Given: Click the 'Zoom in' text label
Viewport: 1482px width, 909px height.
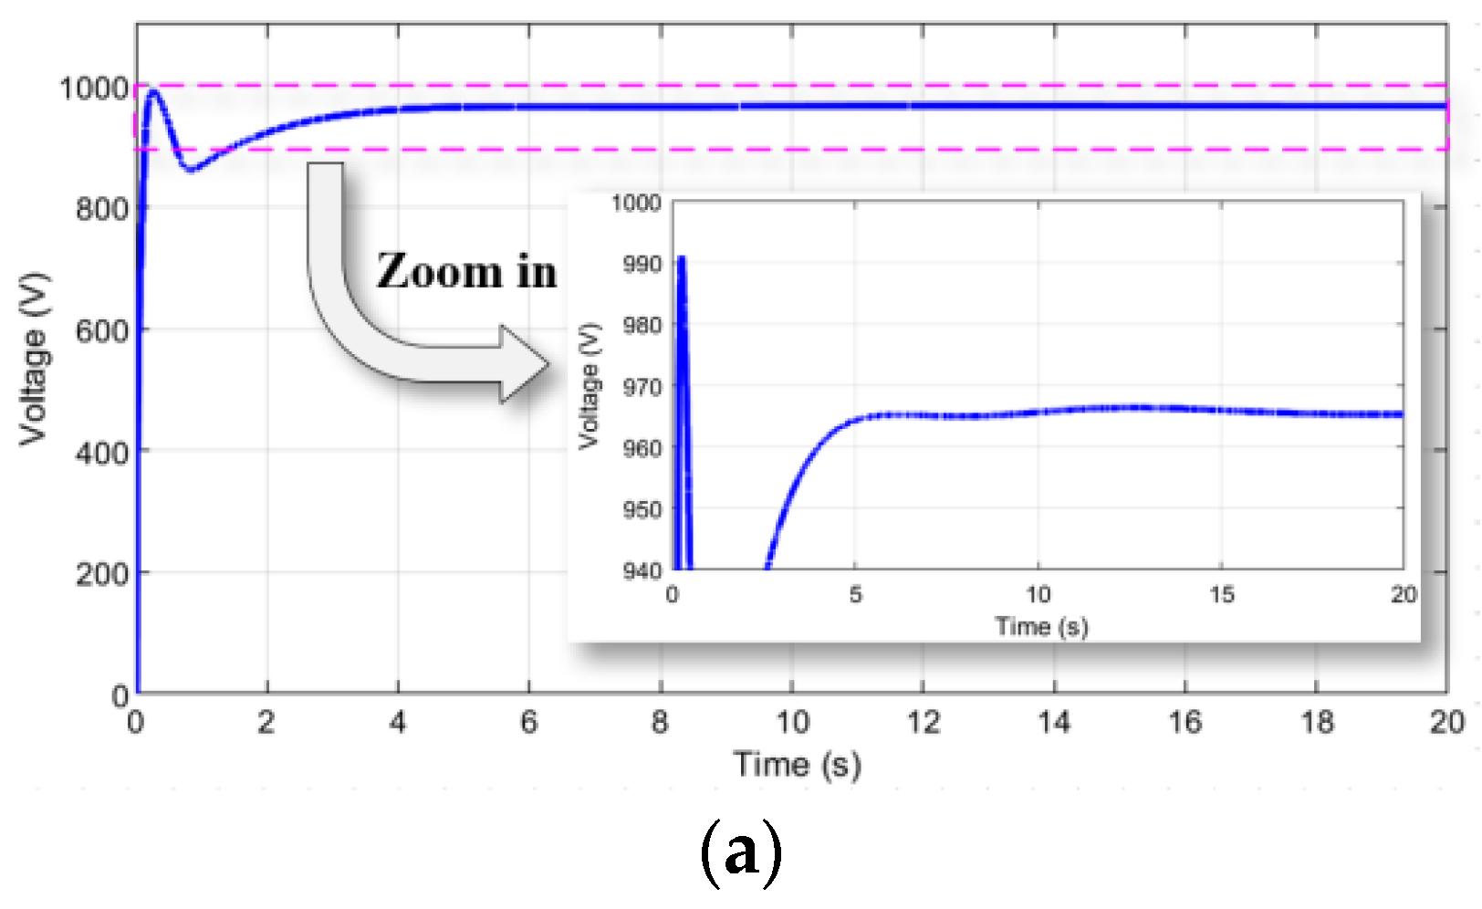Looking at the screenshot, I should (466, 272).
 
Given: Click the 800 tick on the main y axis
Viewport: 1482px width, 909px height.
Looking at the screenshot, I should (102, 209).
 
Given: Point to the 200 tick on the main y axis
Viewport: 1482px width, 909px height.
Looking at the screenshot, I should (102, 574).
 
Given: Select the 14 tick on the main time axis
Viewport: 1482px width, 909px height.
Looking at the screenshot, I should (1054, 723).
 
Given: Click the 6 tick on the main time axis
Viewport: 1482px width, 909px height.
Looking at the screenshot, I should (529, 723).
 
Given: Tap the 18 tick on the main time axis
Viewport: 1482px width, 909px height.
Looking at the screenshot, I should (1317, 723).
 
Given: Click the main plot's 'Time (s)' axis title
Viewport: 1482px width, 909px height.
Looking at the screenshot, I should (797, 764).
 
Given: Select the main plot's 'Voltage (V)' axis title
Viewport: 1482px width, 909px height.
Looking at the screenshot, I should (34, 359).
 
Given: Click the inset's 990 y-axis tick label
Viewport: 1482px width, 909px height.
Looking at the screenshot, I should (642, 264).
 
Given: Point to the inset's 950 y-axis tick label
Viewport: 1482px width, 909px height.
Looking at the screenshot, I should (642, 509).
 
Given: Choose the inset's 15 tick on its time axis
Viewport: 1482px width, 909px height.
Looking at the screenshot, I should (1222, 595).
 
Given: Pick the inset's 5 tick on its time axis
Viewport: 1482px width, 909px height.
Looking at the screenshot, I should (855, 595).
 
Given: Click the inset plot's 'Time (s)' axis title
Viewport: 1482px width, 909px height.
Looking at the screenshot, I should (1041, 627).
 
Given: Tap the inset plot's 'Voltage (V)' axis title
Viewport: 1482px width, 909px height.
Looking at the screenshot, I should (590, 385).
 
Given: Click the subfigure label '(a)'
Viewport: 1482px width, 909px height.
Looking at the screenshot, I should (740, 852).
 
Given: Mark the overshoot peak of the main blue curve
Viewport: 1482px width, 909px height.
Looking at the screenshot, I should (153, 91).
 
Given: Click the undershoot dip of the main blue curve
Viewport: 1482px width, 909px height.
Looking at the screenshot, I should (190, 170).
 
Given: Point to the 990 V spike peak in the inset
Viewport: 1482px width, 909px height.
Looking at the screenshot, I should (681, 259).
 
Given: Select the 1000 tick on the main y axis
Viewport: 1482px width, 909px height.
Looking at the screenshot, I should (94, 89).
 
